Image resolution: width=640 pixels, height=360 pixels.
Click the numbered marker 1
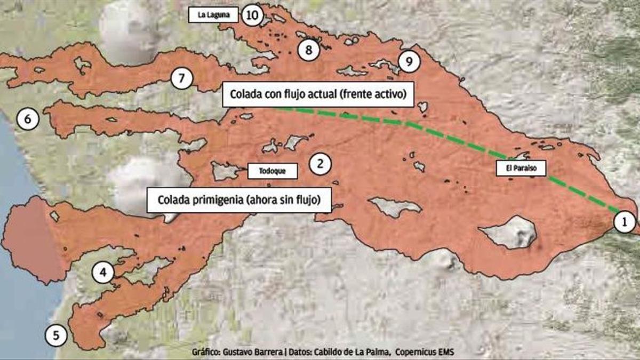point(625,222)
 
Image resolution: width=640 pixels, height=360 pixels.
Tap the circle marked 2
point(320,163)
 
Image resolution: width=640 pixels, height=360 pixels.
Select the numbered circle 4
point(103,273)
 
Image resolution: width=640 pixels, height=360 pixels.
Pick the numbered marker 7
point(182,79)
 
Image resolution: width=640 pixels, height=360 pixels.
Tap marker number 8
point(308,50)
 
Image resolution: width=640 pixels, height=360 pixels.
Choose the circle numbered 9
point(409,62)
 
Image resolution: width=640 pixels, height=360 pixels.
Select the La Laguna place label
point(213,15)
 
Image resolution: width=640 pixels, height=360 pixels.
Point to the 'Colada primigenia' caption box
point(238,201)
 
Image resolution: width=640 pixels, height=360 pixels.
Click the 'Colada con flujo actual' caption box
point(318,95)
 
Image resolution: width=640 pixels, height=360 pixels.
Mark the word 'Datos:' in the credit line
point(299,353)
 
